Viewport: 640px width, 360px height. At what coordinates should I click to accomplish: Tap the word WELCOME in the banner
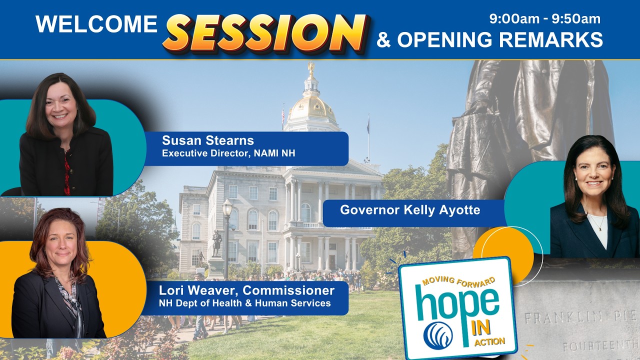(x=96, y=24)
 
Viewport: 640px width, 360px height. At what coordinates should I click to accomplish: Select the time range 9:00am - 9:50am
(x=545, y=19)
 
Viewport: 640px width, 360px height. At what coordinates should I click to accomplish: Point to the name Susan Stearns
(x=207, y=140)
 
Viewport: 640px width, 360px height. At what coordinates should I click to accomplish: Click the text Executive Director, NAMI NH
(x=228, y=153)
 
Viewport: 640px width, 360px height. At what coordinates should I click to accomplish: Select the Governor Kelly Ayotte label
(x=410, y=210)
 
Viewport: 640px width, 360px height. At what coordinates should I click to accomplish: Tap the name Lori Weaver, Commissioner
(x=246, y=290)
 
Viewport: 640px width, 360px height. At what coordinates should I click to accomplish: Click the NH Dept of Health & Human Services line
(x=244, y=303)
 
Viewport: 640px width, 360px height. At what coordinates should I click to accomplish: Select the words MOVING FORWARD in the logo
(x=458, y=279)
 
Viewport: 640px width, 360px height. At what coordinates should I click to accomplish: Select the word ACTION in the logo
(x=490, y=342)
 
